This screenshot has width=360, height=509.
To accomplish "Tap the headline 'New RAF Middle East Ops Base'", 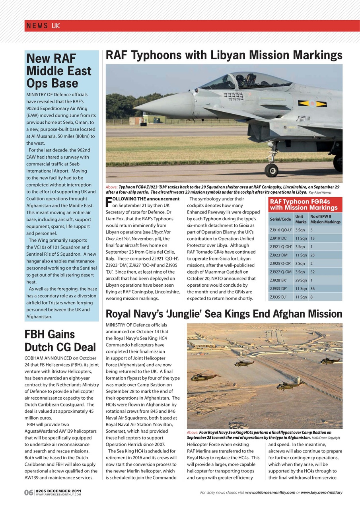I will tap(59, 71).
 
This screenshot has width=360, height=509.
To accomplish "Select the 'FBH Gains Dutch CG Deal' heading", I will tap(60, 341).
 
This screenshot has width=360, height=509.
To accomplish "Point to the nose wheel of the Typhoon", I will tap(271, 170).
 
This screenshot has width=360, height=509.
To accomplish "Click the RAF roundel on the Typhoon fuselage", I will tap(313, 104).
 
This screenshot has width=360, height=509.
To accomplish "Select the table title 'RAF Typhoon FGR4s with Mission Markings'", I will tap(304, 205).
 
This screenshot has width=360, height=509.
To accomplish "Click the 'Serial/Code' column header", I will tap(280, 219).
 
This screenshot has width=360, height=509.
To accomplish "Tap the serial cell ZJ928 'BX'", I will tap(278, 280).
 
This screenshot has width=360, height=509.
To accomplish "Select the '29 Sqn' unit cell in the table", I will tap(300, 280).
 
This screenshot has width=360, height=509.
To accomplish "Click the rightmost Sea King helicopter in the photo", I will tap(330, 361).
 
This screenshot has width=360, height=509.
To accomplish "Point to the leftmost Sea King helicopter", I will tap(203, 377).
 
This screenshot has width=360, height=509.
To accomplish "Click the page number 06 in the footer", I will tap(29, 493).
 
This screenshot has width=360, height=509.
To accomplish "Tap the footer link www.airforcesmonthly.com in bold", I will tap(270, 493).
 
